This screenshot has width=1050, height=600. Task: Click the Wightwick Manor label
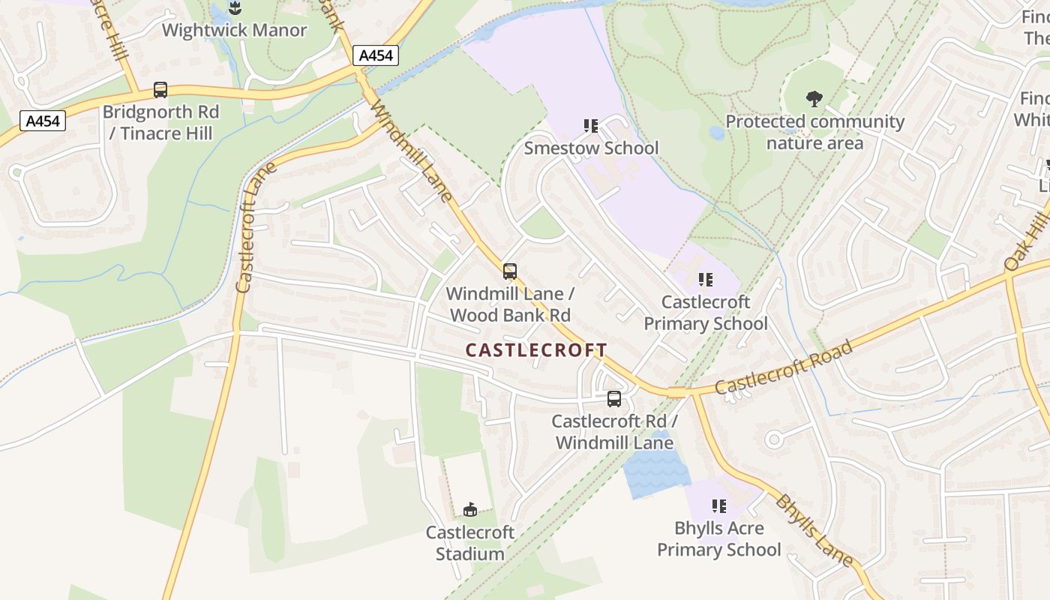coord(234,31)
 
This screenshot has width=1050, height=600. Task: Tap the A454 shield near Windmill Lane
coord(374,55)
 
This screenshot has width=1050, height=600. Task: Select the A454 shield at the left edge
coord(43,121)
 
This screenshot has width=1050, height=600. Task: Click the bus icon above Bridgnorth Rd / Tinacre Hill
coord(160,90)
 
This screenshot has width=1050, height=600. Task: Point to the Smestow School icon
coord(591,126)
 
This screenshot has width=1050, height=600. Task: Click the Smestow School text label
coord(591,148)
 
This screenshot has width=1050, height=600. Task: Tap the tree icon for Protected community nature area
coord(814,98)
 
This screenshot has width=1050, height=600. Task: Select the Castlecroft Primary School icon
coord(705,280)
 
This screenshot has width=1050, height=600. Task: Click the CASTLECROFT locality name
coord(536,350)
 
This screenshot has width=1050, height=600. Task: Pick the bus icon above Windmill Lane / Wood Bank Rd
coord(510,271)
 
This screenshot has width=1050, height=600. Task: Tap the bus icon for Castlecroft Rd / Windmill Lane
coord(614,399)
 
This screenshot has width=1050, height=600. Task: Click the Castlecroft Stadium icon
coord(470,510)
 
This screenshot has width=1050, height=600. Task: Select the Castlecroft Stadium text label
coord(470,543)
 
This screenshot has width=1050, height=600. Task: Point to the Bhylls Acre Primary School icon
coord(718,506)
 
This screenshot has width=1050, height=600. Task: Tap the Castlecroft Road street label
coord(784,367)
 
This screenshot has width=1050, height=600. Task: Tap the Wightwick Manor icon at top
coord(235,8)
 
